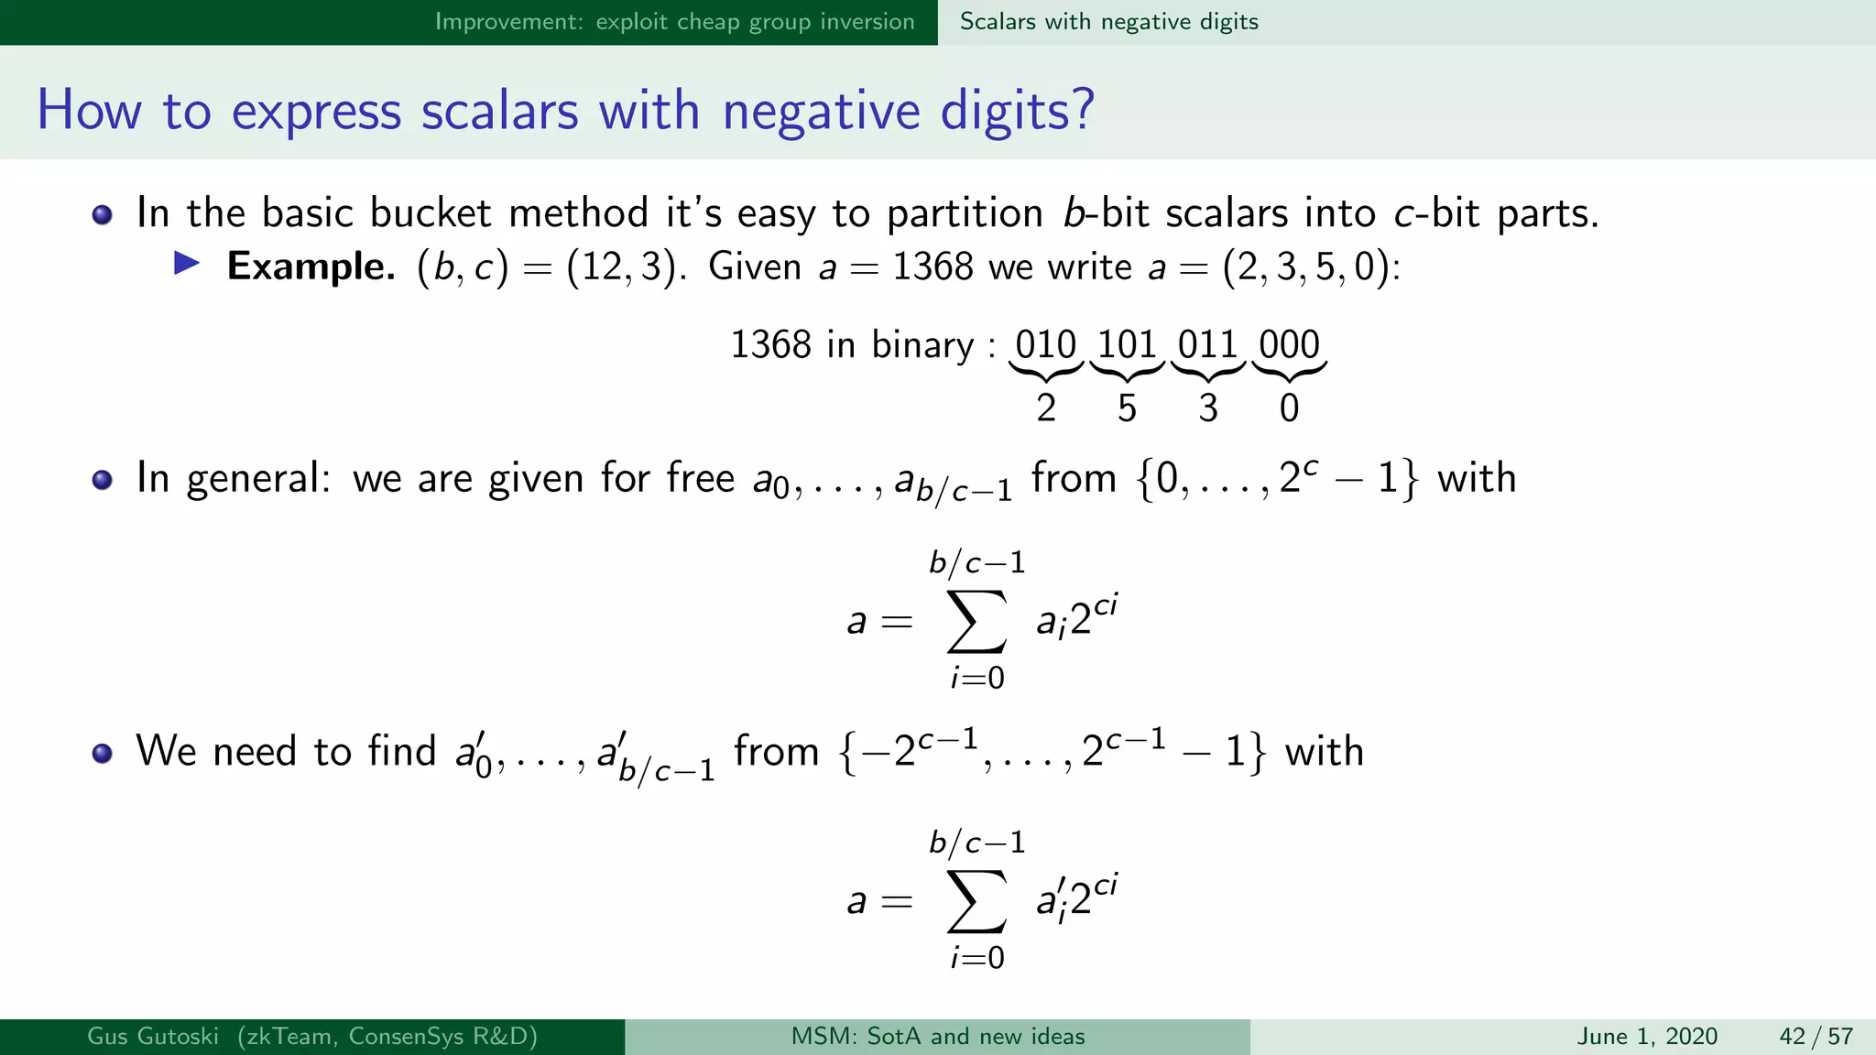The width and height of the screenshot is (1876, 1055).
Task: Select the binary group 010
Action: click(1045, 345)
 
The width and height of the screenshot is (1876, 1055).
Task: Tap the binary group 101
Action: click(1127, 345)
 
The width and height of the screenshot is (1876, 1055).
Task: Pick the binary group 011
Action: click(1207, 345)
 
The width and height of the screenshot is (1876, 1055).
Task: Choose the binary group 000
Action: click(1289, 345)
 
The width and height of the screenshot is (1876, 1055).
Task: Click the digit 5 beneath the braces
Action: click(1127, 408)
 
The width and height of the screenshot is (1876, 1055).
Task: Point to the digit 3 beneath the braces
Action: click(1208, 408)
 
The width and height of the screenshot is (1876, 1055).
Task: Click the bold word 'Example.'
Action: click(311, 266)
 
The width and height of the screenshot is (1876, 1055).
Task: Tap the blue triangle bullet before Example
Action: click(187, 265)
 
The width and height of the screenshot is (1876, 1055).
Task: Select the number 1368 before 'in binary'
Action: click(770, 345)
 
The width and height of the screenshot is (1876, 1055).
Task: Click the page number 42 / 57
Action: click(1816, 1037)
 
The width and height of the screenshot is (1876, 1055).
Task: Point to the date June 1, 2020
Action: click(1647, 1037)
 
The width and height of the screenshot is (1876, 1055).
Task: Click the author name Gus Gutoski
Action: click(153, 1037)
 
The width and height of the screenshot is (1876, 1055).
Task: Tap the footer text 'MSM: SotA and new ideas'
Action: click(937, 1037)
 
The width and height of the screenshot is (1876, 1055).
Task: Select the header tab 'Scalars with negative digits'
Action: click(1108, 22)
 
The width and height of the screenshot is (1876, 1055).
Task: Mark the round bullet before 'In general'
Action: click(103, 480)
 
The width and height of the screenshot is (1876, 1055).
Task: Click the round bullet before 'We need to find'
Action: click(103, 753)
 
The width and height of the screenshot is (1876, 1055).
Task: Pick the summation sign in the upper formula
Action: click(976, 621)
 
